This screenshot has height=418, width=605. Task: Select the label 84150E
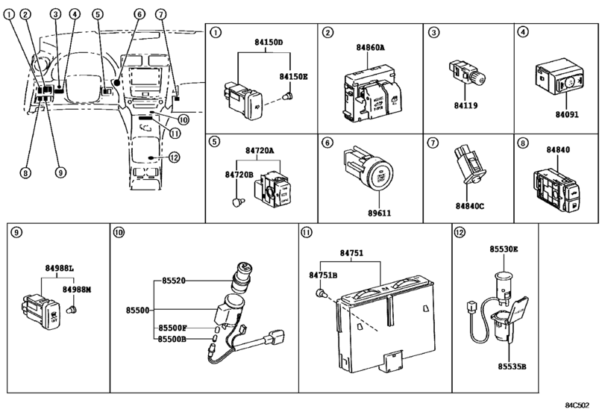pyautogui.click(x=293, y=77)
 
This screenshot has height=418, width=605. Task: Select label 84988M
pyautogui.click(x=77, y=289)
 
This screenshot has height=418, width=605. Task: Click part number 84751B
pyautogui.click(x=322, y=275)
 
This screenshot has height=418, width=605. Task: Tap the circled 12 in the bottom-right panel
pyautogui.click(x=460, y=232)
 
